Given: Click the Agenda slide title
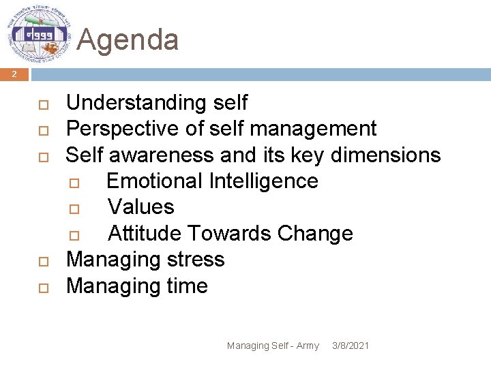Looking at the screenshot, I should click(128, 40).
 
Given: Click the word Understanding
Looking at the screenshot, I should click(134, 103).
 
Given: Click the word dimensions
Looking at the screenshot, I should click(385, 155).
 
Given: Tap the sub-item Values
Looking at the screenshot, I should click(141, 207).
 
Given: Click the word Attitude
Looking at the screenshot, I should click(145, 233).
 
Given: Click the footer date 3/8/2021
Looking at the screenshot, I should click(350, 346).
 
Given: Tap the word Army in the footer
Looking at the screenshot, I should click(308, 346).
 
